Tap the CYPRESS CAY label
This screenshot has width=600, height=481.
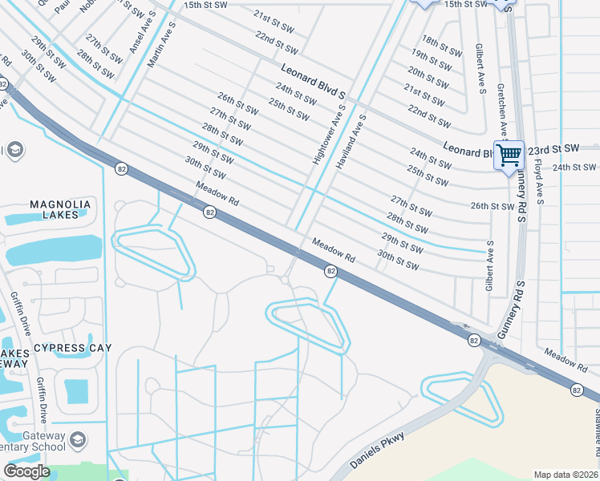(72, 348)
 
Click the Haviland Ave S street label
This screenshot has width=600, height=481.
(351, 139)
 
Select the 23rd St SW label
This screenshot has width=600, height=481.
(553, 149)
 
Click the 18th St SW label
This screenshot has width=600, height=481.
(442, 46)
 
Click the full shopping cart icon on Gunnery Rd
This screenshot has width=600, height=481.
(509, 155)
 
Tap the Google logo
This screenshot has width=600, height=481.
(26, 471)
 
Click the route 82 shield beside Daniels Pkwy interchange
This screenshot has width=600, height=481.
(475, 341)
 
